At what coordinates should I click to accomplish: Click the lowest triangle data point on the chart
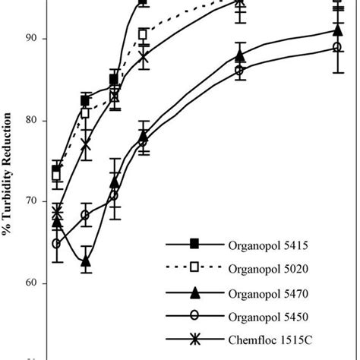(x=86, y=261)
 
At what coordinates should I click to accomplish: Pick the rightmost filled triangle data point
(x=336, y=30)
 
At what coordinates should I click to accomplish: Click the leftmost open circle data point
(x=57, y=244)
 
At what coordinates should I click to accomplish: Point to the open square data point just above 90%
(x=143, y=35)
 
